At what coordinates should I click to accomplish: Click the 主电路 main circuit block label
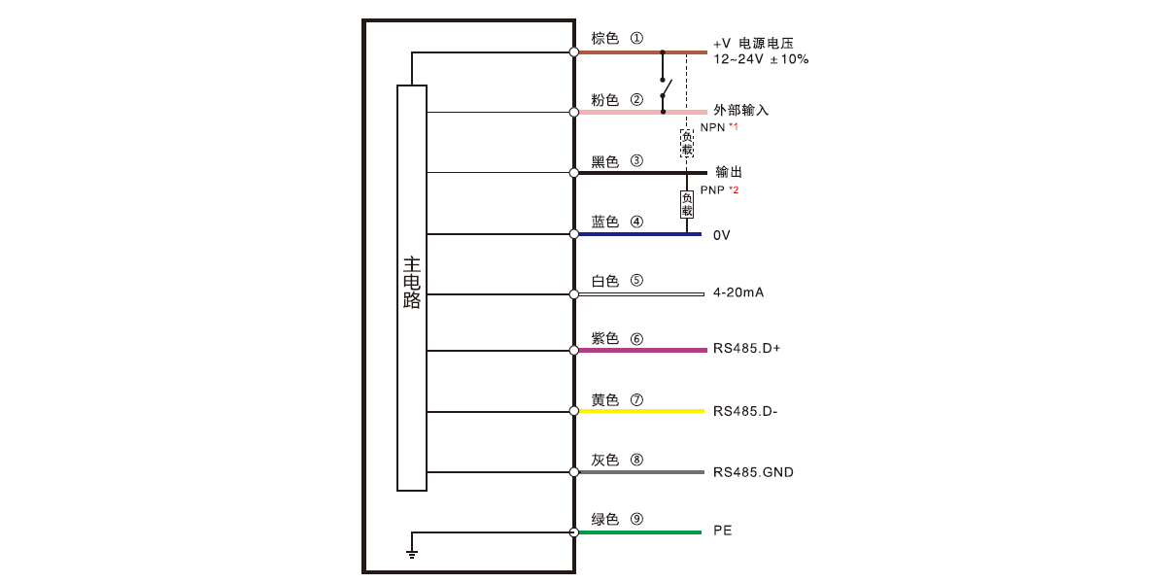[x=412, y=283]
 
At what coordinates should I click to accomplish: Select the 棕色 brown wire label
[x=604, y=38]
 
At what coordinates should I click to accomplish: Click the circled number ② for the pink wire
[x=636, y=99]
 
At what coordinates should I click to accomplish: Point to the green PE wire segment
[x=639, y=532]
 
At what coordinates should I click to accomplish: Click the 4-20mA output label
[x=738, y=292]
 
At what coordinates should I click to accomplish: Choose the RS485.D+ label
[x=746, y=348]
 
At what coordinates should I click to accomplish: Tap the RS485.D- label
[x=745, y=411]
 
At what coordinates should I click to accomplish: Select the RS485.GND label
[x=753, y=472]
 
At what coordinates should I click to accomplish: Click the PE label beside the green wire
[x=723, y=531]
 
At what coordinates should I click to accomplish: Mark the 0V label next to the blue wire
[x=721, y=235]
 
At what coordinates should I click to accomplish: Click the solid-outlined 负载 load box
[x=687, y=204]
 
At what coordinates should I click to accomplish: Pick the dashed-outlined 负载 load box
[x=687, y=143]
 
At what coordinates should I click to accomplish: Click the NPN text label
[x=712, y=127]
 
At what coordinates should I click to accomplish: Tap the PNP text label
[x=712, y=190]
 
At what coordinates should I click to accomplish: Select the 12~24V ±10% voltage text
[x=761, y=59]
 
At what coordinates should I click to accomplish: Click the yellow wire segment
[x=641, y=411]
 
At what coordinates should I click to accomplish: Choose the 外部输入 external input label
[x=740, y=110]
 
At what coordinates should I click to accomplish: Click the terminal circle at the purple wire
[x=573, y=351]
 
